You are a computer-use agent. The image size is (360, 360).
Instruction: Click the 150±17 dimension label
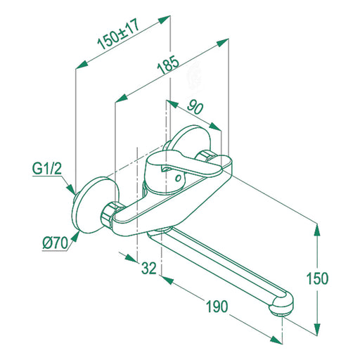point(119,35)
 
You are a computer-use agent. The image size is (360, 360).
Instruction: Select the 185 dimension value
point(168,65)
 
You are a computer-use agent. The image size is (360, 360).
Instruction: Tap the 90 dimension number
point(195,107)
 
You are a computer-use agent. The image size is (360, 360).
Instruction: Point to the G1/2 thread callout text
point(47,169)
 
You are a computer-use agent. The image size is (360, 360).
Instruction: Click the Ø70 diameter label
point(56,243)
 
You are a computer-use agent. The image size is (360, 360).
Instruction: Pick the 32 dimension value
point(149,268)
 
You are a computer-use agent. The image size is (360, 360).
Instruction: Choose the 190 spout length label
point(217,306)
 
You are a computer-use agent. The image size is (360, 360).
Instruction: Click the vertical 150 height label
point(318,278)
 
